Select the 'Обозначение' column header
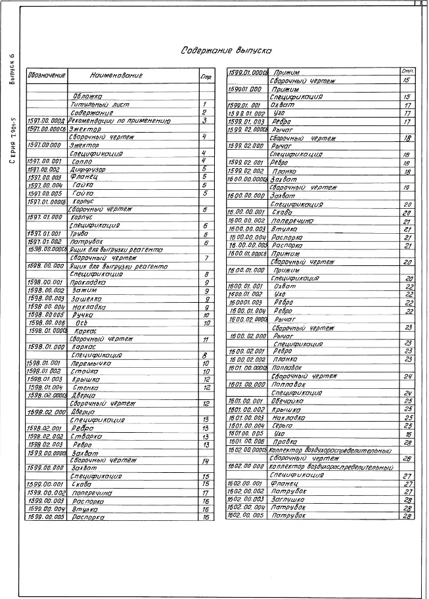pyautogui.click(x=46, y=76)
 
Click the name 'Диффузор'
pyautogui.click(x=88, y=169)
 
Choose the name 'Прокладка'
pyautogui.click(x=89, y=282)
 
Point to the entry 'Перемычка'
pyautogui.click(x=91, y=363)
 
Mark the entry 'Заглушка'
pyautogui.click(x=290, y=499)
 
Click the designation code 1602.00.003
pyautogui.click(x=245, y=499)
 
